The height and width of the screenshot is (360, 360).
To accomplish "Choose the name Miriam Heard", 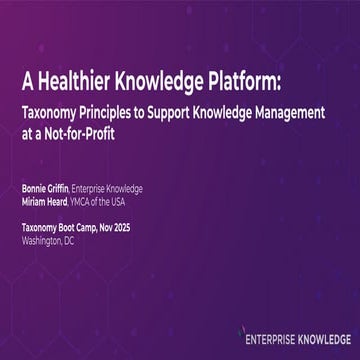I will click(46, 198).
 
